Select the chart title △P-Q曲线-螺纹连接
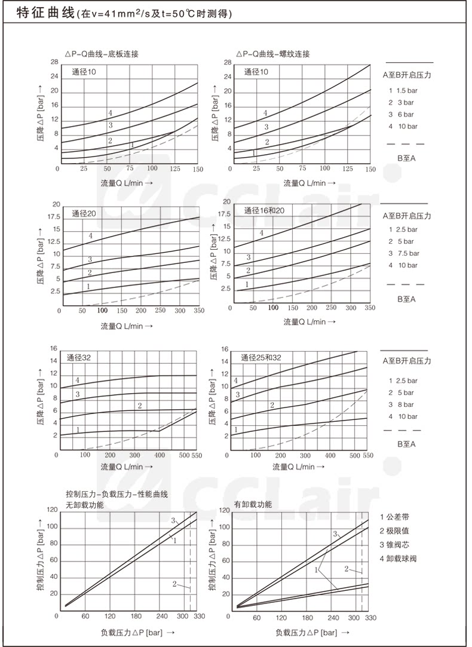tap(272, 54)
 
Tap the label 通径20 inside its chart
tap(84, 213)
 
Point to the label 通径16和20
tap(265, 210)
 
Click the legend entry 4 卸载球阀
tap(397, 559)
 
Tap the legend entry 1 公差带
tap(395, 516)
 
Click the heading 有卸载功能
tap(253, 505)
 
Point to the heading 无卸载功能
tap(84, 505)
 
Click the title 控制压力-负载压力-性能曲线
tap(117, 495)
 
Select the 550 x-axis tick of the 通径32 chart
tap(197, 456)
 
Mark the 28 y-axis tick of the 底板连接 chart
tap(54, 62)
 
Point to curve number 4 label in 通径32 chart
tap(77, 381)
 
